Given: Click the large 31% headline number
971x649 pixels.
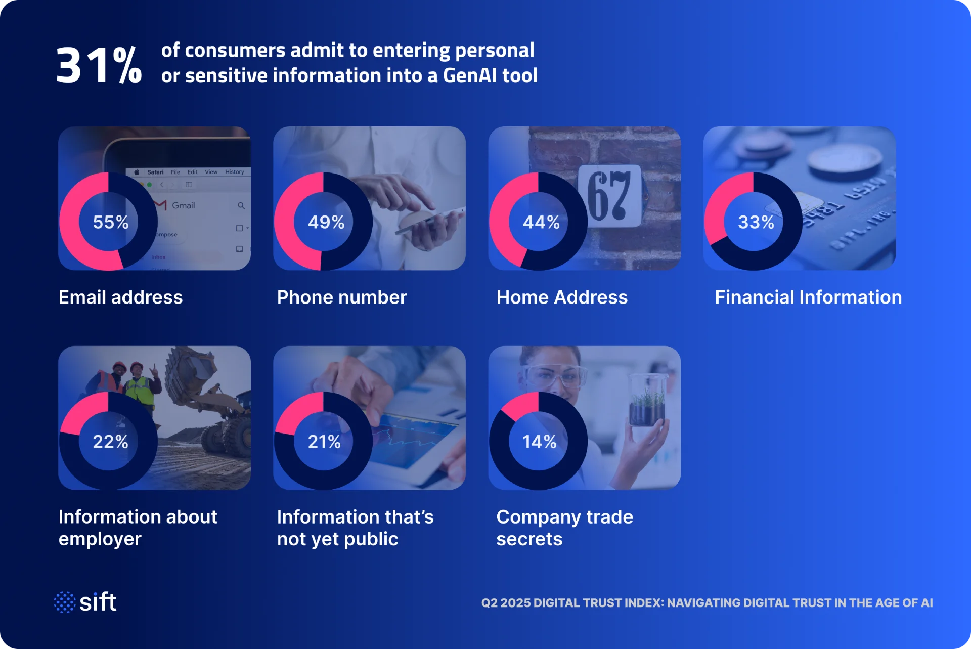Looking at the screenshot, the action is click(99, 64).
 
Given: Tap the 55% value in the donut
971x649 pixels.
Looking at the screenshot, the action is click(111, 222).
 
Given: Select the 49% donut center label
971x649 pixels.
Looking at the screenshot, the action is click(326, 222).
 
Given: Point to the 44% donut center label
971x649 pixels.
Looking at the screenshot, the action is click(541, 222).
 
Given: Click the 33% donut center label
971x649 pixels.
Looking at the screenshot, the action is click(756, 222).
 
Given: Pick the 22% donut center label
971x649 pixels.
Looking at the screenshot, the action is click(111, 442).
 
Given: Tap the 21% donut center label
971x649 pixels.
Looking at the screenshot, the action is click(325, 442).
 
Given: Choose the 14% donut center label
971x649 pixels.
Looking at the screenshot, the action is click(540, 442).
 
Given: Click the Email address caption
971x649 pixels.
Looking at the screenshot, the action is click(120, 297).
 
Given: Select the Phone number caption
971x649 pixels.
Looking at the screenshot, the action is click(342, 297).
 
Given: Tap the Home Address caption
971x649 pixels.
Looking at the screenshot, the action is click(562, 297).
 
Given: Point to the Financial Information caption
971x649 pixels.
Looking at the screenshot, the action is click(808, 297).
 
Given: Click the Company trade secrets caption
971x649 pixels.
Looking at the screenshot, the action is click(564, 528).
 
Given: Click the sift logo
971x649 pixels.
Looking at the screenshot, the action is click(85, 602).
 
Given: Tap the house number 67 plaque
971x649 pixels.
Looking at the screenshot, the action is click(610, 195).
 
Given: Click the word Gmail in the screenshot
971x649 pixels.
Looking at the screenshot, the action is click(183, 205).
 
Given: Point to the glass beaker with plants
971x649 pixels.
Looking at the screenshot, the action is click(647, 400).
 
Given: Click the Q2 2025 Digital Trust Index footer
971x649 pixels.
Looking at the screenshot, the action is click(707, 603).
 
